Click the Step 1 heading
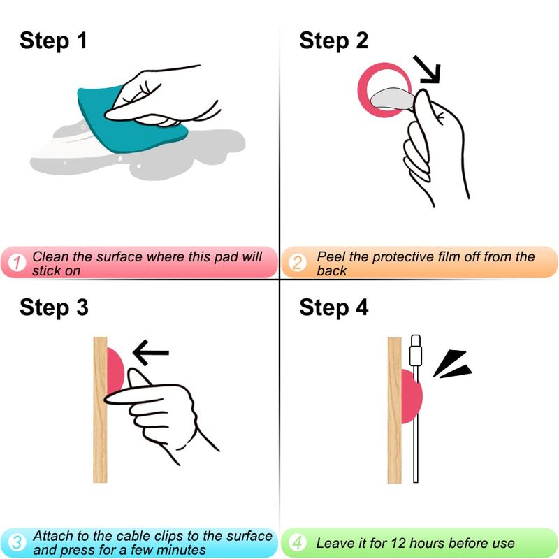(x=53, y=41)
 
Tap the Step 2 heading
(x=334, y=41)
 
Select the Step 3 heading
(x=54, y=307)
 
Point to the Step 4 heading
(x=334, y=307)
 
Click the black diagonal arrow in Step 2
(x=427, y=69)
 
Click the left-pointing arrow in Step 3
(x=151, y=353)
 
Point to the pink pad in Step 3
(x=115, y=371)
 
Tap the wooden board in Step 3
(x=100, y=409)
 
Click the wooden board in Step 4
(x=394, y=410)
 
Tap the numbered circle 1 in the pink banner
(x=16, y=263)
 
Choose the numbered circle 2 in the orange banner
(x=297, y=263)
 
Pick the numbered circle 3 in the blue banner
(x=16, y=543)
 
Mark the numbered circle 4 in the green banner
(x=297, y=543)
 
